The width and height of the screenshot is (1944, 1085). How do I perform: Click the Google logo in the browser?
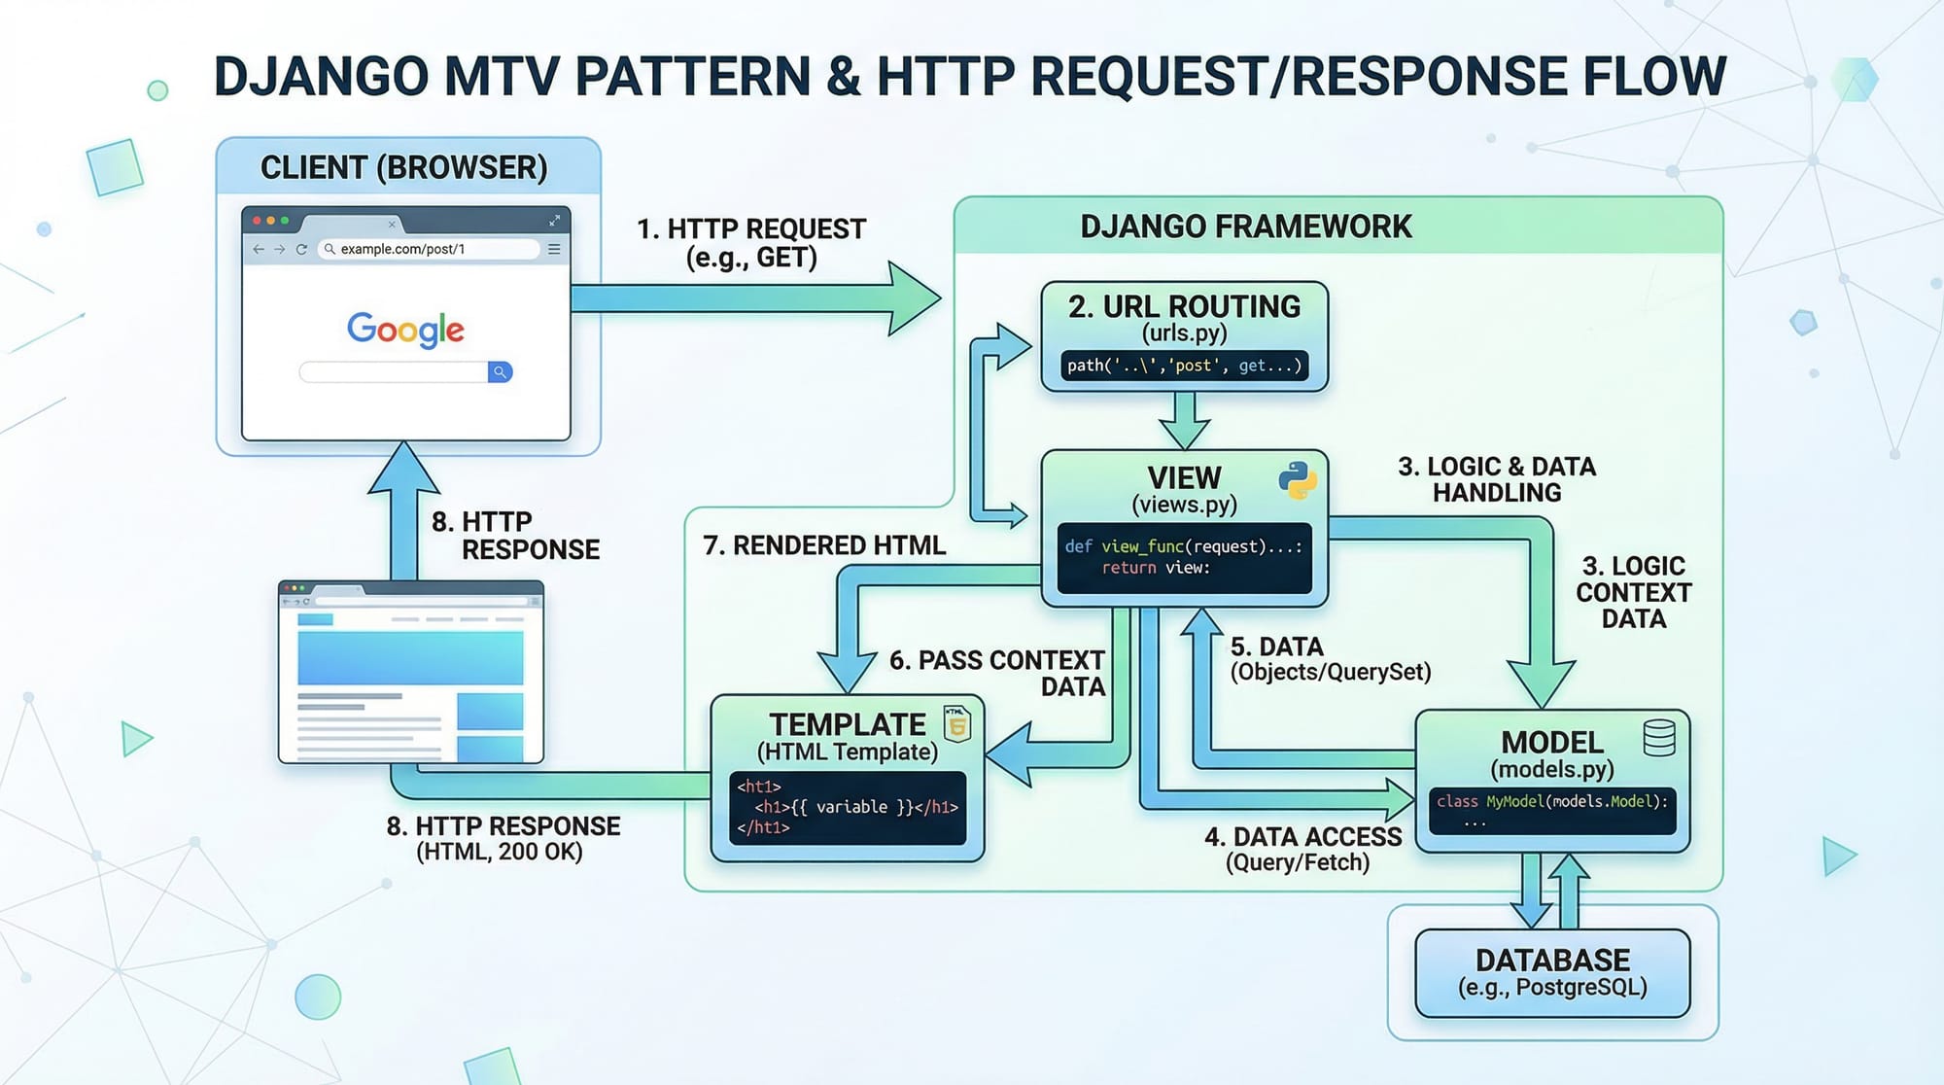[405, 330]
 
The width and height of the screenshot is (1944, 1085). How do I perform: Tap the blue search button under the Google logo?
[500, 372]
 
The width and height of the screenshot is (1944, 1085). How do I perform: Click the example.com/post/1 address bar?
[428, 249]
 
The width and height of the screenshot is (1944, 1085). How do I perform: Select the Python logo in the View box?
[1297, 480]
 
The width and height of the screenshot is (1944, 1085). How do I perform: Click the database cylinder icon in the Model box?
[1658, 738]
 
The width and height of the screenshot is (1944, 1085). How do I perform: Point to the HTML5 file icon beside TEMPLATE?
[957, 724]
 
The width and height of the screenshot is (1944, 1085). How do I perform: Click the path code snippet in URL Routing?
[1184, 366]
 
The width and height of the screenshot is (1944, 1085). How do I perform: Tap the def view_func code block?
[1184, 557]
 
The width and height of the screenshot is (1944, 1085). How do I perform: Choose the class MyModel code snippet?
[1552, 810]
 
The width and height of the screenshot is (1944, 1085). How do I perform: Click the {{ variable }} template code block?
[847, 807]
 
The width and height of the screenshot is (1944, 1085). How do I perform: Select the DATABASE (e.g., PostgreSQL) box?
[1552, 973]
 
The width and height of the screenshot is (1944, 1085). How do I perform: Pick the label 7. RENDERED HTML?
[823, 545]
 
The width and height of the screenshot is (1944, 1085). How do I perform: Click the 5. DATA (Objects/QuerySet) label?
[1329, 659]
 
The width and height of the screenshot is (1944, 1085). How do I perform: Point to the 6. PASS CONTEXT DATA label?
[998, 673]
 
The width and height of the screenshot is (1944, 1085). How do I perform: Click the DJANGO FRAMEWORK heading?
[1245, 227]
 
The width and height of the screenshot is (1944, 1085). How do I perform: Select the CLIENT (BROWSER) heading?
[403, 167]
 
